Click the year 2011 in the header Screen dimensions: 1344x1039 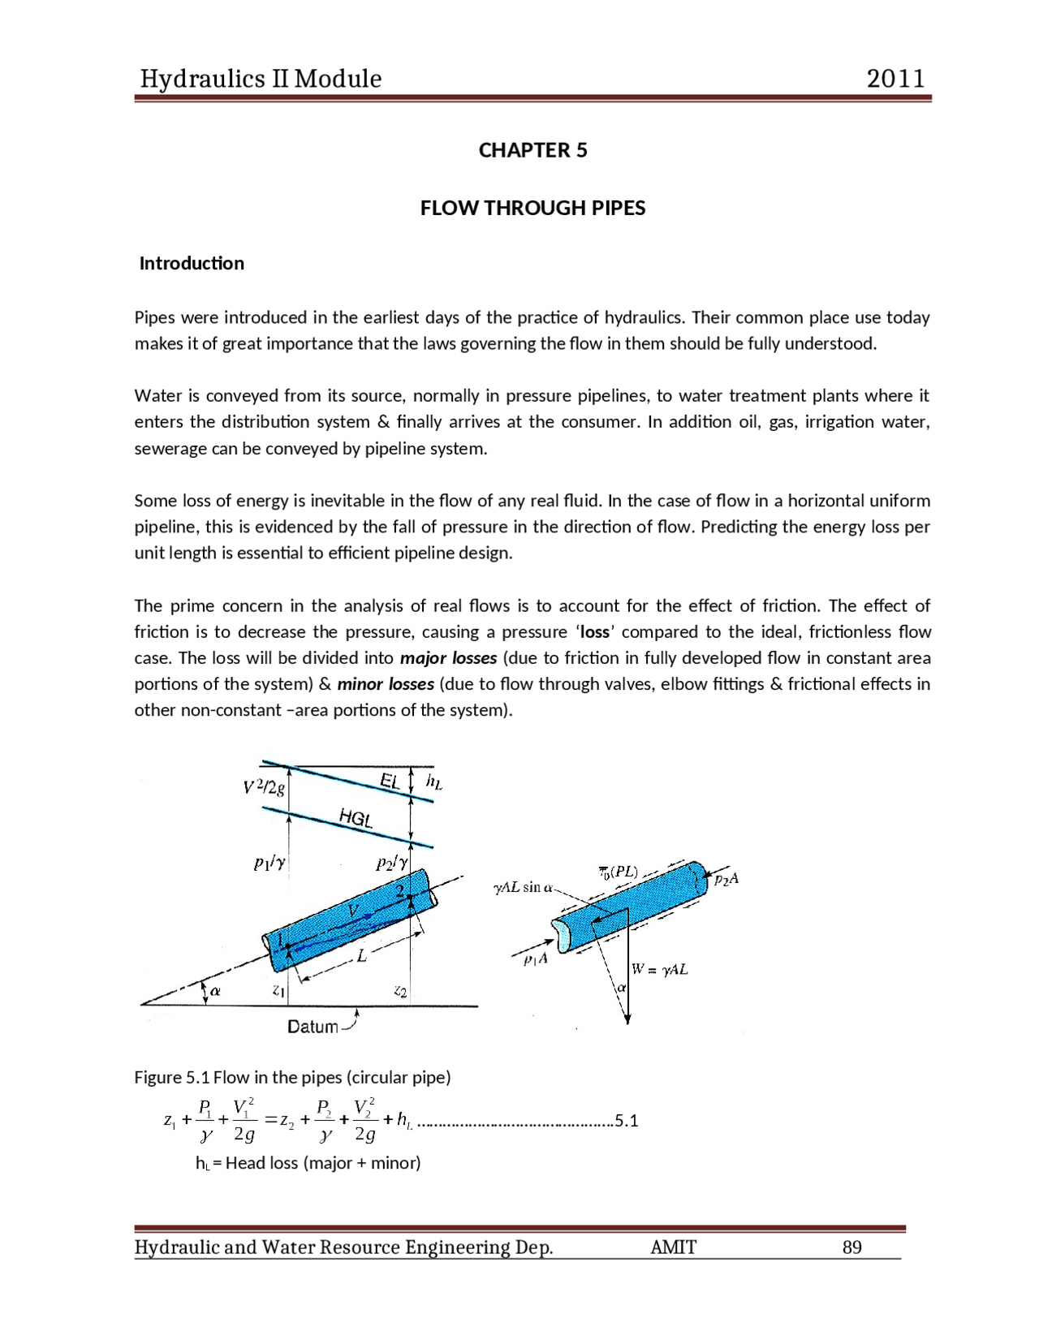[895, 79]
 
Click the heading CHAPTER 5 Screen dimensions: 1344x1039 [532, 150]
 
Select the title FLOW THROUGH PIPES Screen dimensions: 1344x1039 [532, 208]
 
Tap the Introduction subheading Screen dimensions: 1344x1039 [192, 263]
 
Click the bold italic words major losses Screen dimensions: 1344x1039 [449, 657]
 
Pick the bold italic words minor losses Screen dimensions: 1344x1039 [386, 683]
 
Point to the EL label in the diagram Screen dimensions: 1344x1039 [390, 781]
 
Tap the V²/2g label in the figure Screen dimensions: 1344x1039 [264, 787]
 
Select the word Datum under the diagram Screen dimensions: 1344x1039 [313, 1027]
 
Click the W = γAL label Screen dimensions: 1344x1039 [660, 969]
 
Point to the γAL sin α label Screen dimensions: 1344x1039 [523, 888]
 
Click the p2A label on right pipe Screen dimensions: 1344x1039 [726, 879]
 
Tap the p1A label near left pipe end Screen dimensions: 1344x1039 [536, 959]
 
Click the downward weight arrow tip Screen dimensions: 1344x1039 [627, 1022]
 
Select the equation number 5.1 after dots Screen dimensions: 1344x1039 [627, 1121]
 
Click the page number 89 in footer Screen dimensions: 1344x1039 [851, 1247]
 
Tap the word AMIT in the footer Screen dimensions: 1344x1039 [673, 1247]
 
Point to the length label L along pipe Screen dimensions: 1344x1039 [362, 956]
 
